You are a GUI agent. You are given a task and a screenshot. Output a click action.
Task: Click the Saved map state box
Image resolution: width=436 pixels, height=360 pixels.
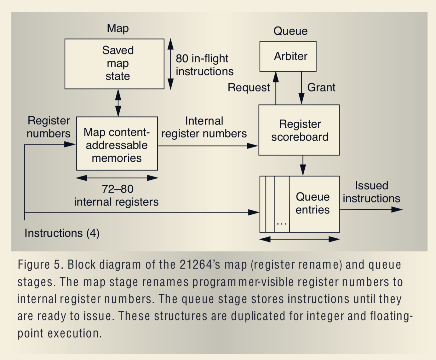(x=114, y=64)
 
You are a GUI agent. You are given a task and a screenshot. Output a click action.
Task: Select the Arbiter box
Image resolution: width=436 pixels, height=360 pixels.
(x=288, y=56)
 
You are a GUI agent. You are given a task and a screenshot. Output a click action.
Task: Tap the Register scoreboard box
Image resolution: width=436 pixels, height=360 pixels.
(x=299, y=130)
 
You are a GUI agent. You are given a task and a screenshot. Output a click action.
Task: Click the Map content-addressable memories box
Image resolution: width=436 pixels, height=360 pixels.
(x=117, y=144)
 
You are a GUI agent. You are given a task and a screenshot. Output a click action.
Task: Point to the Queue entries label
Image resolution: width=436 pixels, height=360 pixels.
(x=313, y=203)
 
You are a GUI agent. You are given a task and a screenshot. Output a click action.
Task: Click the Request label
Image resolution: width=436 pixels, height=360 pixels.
(x=249, y=87)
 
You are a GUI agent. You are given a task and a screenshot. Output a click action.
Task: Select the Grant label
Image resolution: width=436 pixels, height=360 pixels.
(x=321, y=87)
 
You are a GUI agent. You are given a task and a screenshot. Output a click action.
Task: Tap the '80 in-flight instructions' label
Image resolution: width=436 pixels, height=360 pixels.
(x=204, y=65)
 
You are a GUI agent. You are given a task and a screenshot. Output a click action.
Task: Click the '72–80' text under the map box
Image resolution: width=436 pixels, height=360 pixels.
(x=118, y=189)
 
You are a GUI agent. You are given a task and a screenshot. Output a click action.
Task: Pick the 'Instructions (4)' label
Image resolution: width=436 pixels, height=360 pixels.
(x=62, y=233)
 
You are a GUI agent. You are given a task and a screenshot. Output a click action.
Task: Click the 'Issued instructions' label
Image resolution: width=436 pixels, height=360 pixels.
(x=371, y=192)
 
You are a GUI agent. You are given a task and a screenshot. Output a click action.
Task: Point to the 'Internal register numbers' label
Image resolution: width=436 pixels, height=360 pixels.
(x=204, y=127)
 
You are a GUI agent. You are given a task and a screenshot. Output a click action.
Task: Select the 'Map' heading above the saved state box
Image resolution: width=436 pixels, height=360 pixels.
(x=118, y=28)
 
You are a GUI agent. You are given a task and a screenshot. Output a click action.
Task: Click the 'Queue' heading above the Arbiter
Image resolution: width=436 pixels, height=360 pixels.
(x=290, y=31)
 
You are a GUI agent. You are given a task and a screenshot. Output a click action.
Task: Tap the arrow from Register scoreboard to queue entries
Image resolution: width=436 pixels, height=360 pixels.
(x=303, y=165)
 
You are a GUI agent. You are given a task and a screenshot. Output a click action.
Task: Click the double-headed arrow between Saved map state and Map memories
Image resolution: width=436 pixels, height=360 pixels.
(x=118, y=103)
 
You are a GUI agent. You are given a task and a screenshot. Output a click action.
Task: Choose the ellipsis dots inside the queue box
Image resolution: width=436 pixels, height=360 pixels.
(x=281, y=224)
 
